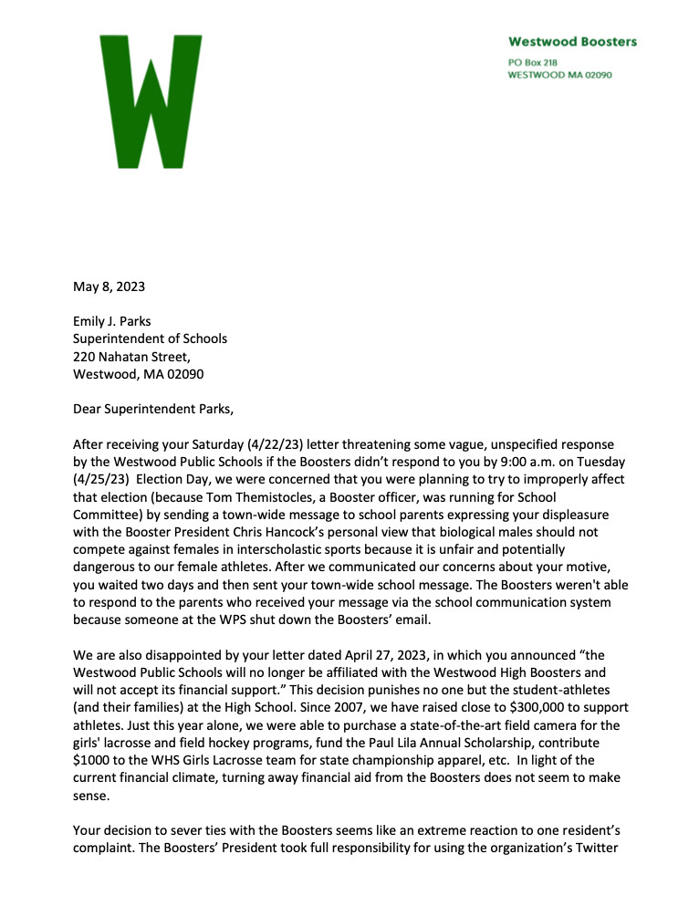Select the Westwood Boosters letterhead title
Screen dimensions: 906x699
[x=572, y=41]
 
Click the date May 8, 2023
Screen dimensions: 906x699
[x=109, y=286]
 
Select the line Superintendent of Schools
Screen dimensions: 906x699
[x=150, y=338]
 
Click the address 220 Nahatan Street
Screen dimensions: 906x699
[x=131, y=356]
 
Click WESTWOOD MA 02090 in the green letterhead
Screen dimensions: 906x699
[x=559, y=75]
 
